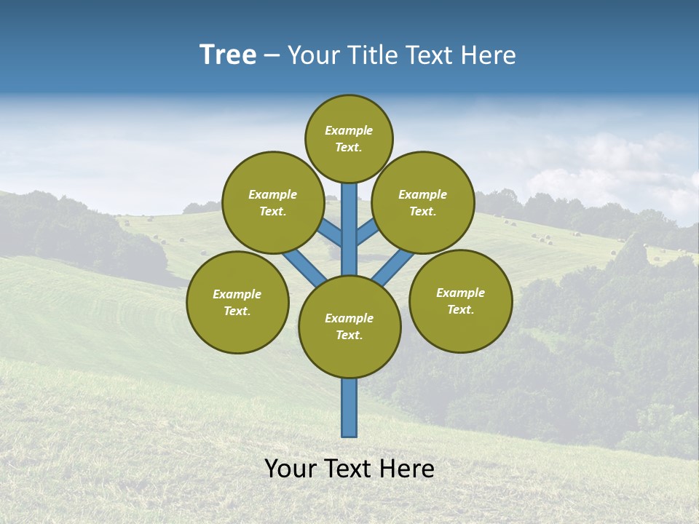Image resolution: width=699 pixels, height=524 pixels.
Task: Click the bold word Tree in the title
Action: pos(228,55)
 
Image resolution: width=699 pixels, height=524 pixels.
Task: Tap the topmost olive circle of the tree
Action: pos(349,138)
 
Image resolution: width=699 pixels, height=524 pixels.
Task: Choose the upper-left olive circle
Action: pos(273,202)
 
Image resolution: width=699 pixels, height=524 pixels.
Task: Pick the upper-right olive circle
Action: pos(423,202)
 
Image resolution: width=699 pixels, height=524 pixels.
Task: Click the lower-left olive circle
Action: pos(237,302)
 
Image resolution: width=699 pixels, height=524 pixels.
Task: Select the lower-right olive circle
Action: pos(460,301)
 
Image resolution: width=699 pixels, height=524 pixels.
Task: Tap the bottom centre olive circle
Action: pos(349,327)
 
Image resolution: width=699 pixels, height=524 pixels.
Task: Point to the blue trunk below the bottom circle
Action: pos(349,408)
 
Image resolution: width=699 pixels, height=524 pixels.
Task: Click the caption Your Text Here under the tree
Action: pos(349,469)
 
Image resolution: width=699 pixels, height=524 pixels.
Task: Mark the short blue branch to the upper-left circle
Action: pos(329,234)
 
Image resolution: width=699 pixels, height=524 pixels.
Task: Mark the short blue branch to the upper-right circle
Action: pos(368,232)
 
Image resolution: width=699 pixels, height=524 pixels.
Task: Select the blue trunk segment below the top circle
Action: pos(349,218)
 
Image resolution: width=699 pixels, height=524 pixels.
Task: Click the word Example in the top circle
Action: pos(349,130)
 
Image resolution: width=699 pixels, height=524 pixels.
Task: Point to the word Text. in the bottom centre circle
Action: pos(349,335)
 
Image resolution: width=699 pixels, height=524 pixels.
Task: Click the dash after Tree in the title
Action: pos(272,55)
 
